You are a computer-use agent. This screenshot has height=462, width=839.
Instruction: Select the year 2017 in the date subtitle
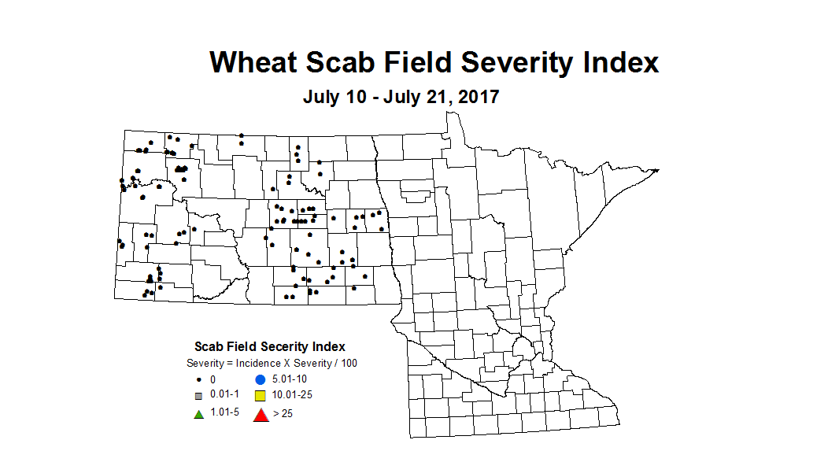477,98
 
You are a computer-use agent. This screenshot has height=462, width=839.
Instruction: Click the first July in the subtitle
323,98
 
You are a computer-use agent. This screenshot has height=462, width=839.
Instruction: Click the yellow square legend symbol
260,396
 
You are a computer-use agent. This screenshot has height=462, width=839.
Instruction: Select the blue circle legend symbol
260,379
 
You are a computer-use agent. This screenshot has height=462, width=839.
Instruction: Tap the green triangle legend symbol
199,413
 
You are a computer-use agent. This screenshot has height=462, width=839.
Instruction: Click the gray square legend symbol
199,396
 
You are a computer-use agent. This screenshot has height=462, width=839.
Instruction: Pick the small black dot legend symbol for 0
199,379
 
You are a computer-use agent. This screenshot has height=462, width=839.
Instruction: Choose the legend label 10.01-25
291,396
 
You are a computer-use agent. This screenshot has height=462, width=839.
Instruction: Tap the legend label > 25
283,414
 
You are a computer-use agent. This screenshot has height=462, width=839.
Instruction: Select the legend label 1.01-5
224,413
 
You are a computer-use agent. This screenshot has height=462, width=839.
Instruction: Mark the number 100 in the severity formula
348,363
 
